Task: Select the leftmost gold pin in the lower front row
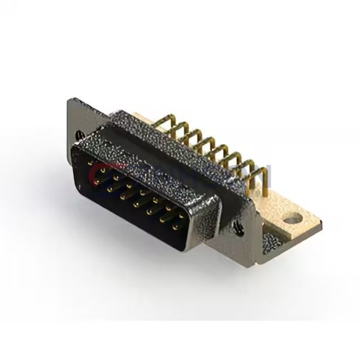point(110,188)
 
